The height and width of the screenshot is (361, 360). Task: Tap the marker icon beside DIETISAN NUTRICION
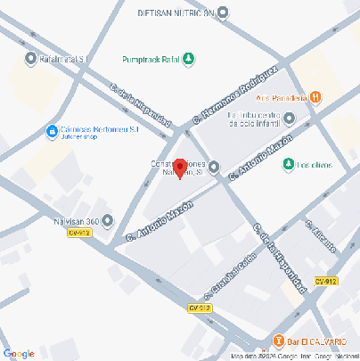tap(223, 13)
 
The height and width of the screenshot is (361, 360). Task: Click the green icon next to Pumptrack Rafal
tap(189, 60)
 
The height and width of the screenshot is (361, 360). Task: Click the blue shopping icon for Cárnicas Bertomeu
tap(53, 133)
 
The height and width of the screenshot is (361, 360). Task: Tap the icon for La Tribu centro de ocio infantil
tap(289, 119)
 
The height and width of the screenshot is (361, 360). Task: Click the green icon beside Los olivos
tap(287, 165)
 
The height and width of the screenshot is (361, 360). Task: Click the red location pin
tap(179, 168)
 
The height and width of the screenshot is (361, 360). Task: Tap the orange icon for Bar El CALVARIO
tap(279, 340)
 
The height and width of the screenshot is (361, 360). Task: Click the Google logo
tap(18, 353)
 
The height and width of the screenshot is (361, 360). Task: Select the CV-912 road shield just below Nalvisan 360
tap(79, 233)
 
